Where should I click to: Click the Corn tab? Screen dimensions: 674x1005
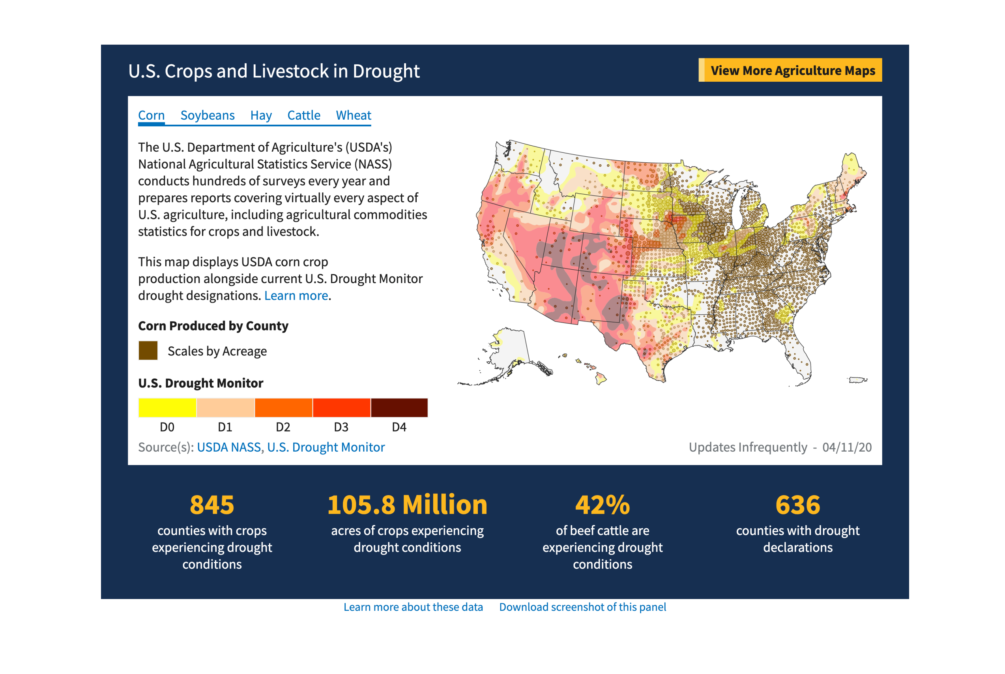[151, 115]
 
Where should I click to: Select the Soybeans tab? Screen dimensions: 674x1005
[207, 115]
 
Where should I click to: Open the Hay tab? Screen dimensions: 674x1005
[261, 115]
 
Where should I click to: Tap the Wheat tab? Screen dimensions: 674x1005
[353, 115]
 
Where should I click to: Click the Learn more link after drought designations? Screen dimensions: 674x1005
[296, 296]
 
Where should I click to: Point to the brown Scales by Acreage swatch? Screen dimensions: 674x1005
[148, 350]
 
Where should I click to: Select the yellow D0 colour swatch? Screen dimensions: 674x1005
[167, 407]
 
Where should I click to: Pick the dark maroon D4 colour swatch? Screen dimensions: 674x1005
[399, 407]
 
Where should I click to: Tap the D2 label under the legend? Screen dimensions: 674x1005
[283, 427]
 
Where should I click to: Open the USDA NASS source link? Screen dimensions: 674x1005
[228, 447]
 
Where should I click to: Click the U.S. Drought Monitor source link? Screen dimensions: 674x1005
[326, 447]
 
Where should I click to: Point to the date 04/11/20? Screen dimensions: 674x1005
[846, 447]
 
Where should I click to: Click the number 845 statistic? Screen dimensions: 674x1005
[212, 505]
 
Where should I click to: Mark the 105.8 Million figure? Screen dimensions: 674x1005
[407, 505]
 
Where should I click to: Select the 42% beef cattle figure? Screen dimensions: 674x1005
[602, 505]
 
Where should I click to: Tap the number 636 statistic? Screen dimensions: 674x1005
[797, 505]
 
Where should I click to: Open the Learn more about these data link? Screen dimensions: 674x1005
[413, 607]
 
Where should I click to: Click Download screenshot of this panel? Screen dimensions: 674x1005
[582, 607]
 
